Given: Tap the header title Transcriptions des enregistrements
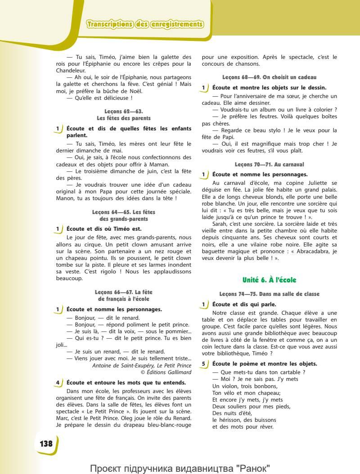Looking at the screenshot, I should (141, 24).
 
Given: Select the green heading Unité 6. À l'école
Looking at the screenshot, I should (269, 280).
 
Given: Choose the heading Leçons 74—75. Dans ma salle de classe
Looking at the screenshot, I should (269, 294).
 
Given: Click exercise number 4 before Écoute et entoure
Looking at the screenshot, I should (58, 383).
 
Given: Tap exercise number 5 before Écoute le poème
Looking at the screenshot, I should (204, 363).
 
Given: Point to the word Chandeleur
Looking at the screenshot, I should (71, 70).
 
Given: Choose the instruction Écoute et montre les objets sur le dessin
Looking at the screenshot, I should (269, 87).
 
